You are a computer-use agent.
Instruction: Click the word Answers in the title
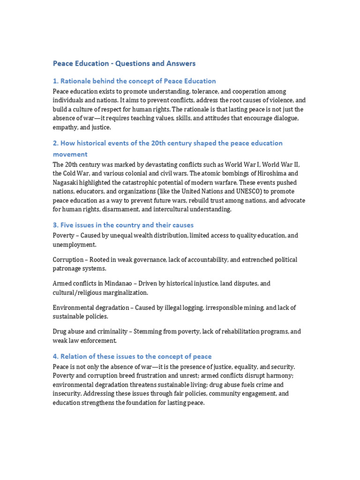click(180, 63)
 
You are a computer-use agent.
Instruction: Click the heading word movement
click(70, 154)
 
